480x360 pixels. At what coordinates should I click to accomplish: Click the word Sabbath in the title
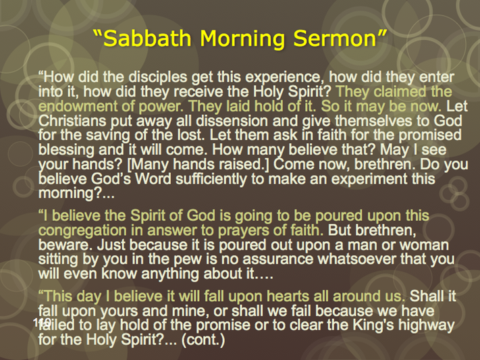[x=148, y=38]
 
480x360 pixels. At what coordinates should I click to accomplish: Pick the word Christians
[x=72, y=121]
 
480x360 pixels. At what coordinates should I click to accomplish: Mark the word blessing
[x=66, y=150]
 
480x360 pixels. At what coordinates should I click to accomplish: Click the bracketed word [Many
[x=148, y=165]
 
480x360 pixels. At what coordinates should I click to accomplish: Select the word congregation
[x=82, y=231]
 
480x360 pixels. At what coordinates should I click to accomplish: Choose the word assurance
[x=277, y=259]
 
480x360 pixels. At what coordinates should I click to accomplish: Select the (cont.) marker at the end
[x=203, y=340]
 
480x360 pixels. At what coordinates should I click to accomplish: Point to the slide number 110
[x=43, y=322]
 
